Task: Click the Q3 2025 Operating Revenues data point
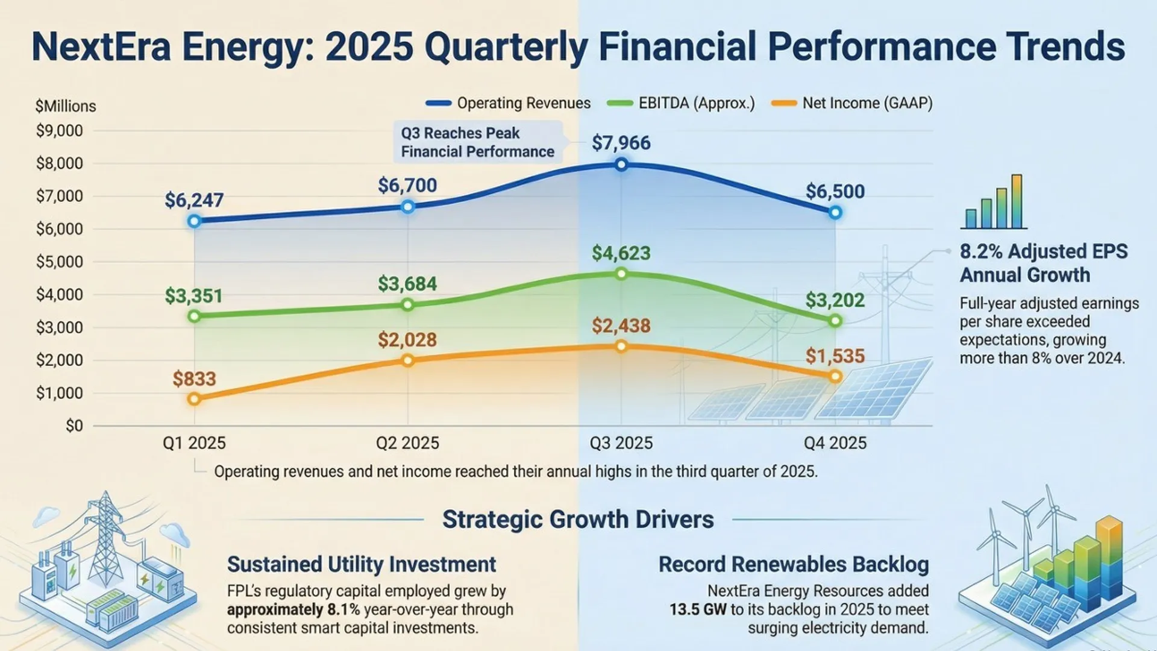click(x=621, y=165)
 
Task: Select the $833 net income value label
click(x=194, y=379)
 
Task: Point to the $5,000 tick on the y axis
click(x=59, y=262)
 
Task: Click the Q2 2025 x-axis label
click(x=407, y=443)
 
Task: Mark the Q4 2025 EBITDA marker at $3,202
click(x=835, y=321)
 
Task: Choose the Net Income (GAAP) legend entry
click(x=852, y=103)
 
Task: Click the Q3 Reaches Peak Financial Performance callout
click(x=477, y=142)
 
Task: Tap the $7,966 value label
click(x=621, y=143)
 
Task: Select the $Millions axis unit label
click(x=66, y=106)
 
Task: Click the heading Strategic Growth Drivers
click(x=578, y=519)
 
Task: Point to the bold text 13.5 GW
click(x=698, y=609)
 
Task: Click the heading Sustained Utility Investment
click(x=362, y=564)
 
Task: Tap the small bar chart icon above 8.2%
click(x=994, y=203)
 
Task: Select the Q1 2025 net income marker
click(x=194, y=399)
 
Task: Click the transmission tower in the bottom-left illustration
click(x=105, y=536)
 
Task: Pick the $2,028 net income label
click(x=407, y=340)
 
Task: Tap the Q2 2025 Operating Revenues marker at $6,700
click(x=407, y=207)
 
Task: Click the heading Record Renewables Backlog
click(x=793, y=564)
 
